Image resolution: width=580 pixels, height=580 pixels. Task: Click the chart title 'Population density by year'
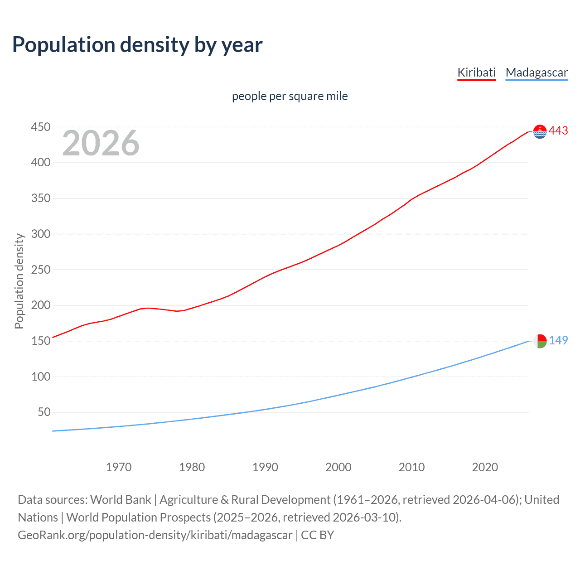pyautogui.click(x=137, y=45)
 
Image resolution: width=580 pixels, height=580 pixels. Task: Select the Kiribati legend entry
pyautogui.click(x=476, y=72)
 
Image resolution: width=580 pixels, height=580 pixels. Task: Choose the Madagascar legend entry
pyautogui.click(x=536, y=72)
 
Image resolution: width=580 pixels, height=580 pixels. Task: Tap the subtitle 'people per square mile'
pyautogui.click(x=290, y=96)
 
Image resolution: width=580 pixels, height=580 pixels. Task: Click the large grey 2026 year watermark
pyautogui.click(x=101, y=143)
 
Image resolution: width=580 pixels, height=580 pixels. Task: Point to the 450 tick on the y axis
pyautogui.click(x=40, y=127)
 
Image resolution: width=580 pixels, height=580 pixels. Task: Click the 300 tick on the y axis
pyautogui.click(x=40, y=234)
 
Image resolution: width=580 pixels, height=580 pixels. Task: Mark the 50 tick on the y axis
pyautogui.click(x=44, y=412)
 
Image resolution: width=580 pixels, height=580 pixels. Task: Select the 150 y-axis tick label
pyautogui.click(x=40, y=341)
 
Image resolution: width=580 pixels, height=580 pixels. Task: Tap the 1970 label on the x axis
pyautogui.click(x=118, y=467)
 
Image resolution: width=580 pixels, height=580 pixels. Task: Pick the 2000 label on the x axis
pyautogui.click(x=338, y=467)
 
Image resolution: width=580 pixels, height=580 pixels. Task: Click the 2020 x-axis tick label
pyautogui.click(x=484, y=467)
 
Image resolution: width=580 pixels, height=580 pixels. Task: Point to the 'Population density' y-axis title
pyautogui.click(x=19, y=281)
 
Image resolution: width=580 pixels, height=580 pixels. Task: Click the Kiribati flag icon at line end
pyautogui.click(x=540, y=131)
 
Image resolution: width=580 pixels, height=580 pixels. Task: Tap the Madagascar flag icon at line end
pyautogui.click(x=540, y=341)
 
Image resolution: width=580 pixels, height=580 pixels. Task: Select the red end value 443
pyautogui.click(x=558, y=131)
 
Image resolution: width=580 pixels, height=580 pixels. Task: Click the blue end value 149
pyautogui.click(x=558, y=340)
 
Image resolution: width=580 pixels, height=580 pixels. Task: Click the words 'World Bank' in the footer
pyautogui.click(x=121, y=499)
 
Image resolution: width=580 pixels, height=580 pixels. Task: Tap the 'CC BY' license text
pyautogui.click(x=317, y=535)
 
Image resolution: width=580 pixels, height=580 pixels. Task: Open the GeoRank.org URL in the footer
pyautogui.click(x=155, y=535)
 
